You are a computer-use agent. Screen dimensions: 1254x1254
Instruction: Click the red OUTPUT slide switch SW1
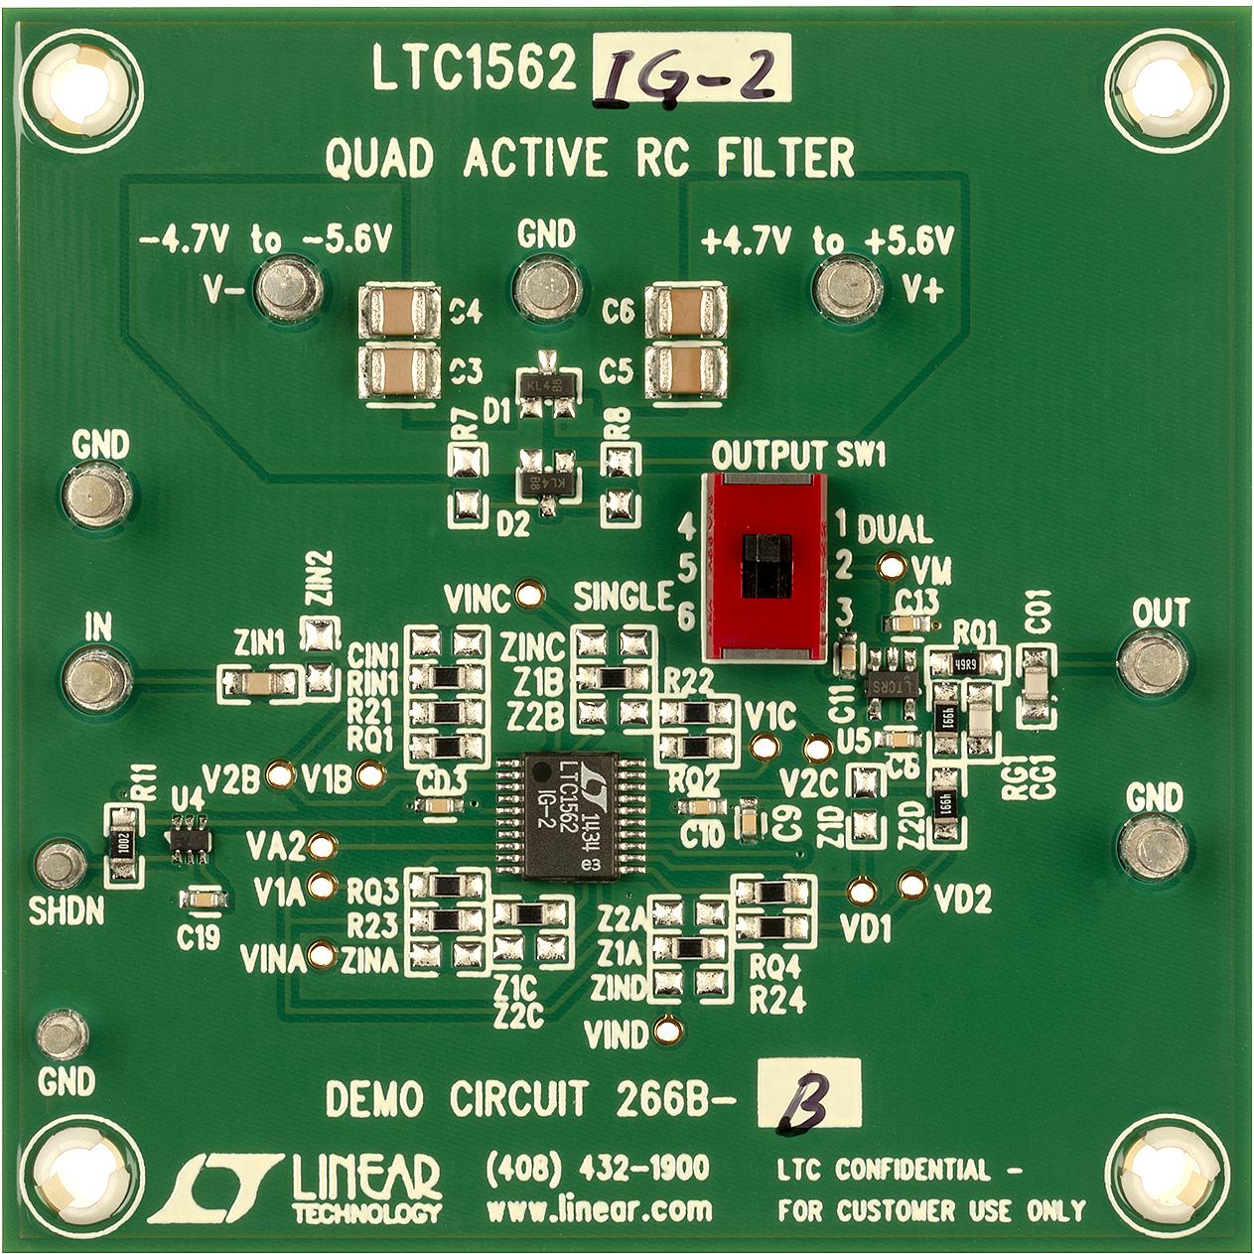[765, 565]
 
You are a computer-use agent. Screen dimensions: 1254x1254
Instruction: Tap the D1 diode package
[545, 382]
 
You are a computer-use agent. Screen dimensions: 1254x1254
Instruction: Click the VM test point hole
[893, 567]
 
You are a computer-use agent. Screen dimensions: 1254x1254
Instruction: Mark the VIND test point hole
[670, 1028]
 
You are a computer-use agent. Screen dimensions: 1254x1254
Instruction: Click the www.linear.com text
[599, 1210]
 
